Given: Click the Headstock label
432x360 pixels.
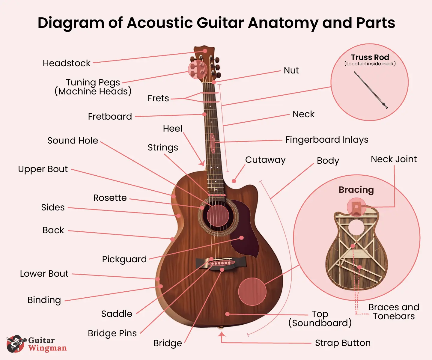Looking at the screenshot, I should pyautogui.click(x=67, y=63).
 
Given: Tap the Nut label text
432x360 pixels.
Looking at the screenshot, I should pyautogui.click(x=291, y=70).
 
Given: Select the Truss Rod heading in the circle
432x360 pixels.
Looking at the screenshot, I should pyautogui.click(x=370, y=57).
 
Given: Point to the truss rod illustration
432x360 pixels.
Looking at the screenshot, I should pyautogui.click(x=371, y=90).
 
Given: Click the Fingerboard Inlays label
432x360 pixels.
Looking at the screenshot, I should pyautogui.click(x=327, y=140).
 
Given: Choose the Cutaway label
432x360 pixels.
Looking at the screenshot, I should pyautogui.click(x=265, y=160).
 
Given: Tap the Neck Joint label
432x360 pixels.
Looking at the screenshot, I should pyautogui.click(x=394, y=159).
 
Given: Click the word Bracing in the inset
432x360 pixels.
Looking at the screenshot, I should pyautogui.click(x=356, y=190).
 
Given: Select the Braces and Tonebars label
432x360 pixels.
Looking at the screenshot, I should pyautogui.click(x=394, y=312).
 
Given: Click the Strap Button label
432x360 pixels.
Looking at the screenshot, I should pyautogui.click(x=343, y=343).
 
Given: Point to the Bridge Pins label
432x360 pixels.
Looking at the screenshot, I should pyautogui.click(x=112, y=333).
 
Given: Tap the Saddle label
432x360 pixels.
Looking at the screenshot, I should pyautogui.click(x=117, y=314).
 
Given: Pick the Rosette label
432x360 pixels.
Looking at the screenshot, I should pyautogui.click(x=110, y=198).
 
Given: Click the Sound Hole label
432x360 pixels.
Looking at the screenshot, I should pyautogui.click(x=73, y=141).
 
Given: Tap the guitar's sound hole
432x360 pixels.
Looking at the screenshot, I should pyautogui.click(x=218, y=216).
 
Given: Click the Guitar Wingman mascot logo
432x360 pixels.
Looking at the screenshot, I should pyautogui.click(x=16, y=344).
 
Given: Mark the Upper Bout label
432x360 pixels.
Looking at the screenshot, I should pyautogui.click(x=43, y=169).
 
